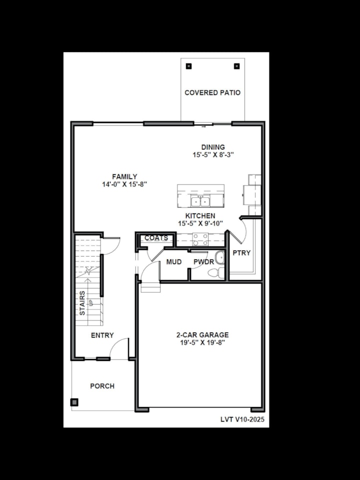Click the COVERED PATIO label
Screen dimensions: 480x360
[212, 92]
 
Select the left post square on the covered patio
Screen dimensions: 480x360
[188, 66]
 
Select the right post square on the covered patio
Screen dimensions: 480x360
[236, 66]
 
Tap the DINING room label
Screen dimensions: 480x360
[213, 147]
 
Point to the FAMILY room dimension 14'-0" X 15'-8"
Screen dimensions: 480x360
[124, 184]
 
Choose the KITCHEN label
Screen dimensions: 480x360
[200, 215]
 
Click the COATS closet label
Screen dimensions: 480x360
[156, 238]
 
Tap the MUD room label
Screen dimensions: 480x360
[173, 262]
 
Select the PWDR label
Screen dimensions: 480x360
[203, 262]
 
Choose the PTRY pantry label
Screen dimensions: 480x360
[241, 253]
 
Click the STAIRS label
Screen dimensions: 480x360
[82, 303]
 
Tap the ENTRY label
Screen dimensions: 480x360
[102, 335]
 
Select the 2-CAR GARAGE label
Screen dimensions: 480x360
[202, 334]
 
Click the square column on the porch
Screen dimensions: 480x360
[74, 402]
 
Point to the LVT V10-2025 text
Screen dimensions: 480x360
[242, 419]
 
